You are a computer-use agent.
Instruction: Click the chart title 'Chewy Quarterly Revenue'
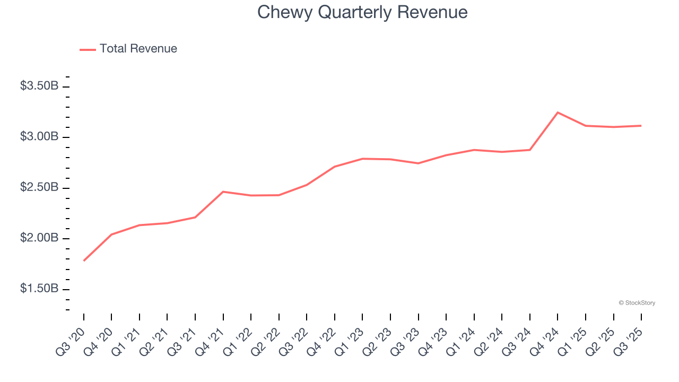pos(362,12)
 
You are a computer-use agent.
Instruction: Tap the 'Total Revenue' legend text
pos(138,49)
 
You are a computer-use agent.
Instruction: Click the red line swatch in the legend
pos(88,49)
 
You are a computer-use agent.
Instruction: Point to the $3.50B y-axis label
pos(39,86)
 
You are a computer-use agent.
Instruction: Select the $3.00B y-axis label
pos(39,137)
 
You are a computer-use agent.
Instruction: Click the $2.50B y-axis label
pos(39,188)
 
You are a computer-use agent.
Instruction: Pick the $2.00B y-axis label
pos(39,238)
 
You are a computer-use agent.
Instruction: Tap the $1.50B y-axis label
pos(39,289)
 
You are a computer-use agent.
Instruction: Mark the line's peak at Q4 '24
pos(558,112)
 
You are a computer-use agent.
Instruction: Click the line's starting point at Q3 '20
pos(84,261)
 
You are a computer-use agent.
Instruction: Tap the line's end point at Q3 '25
pos(641,126)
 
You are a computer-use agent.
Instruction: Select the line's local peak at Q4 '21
pos(223,192)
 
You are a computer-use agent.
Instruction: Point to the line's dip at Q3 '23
pos(418,163)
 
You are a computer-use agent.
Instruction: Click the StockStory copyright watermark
pos(637,303)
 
